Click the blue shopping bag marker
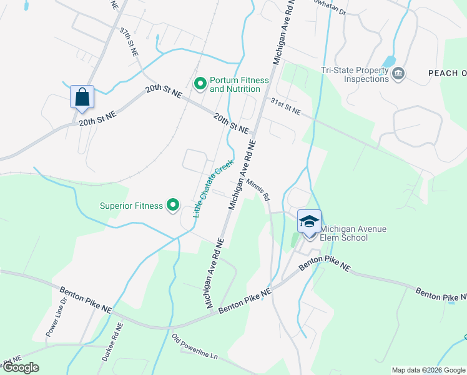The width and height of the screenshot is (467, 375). pos(82,97)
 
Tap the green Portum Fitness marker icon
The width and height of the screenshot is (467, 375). pos(200,83)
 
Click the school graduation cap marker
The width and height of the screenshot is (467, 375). pos(309,222)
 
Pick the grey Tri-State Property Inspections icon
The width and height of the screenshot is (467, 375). pos(398,74)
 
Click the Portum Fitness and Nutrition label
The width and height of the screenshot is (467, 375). pos(239,84)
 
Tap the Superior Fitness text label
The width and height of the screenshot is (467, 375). pos(131,205)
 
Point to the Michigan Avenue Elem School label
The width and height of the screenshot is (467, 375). pos(353,233)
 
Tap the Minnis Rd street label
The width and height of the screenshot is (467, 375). pos(257,189)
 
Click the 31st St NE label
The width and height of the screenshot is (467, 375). pos(285,106)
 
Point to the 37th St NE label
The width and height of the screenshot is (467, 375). pos(129,42)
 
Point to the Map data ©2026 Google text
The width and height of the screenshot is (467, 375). pos(428,370)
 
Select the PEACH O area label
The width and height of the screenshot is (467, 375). pos(447,74)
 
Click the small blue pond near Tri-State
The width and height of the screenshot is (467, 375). pos(388,61)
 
